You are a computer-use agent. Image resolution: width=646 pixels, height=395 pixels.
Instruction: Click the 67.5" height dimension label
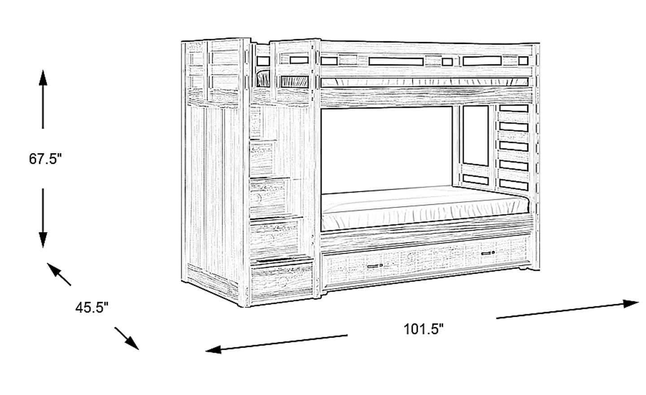pos(44,159)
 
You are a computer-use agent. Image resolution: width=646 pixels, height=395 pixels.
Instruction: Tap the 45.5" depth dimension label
pos(92,308)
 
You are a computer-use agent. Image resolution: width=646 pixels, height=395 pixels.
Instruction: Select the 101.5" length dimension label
pos(423,329)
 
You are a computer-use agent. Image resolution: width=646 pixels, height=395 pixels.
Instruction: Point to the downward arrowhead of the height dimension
pos(43,240)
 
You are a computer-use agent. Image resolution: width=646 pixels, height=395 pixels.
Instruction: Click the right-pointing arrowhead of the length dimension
pos(632,303)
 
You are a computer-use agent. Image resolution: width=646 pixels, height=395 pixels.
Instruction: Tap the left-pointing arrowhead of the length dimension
pos(212,349)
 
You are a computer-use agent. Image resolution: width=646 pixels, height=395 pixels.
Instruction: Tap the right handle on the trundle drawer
pos(488,254)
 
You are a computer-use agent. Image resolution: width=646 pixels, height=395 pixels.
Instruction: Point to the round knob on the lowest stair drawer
pos(282,281)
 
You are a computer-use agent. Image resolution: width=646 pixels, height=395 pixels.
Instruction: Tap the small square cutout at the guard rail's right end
pos(523,60)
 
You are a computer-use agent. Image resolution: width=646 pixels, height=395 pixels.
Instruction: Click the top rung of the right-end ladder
pos(513,108)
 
